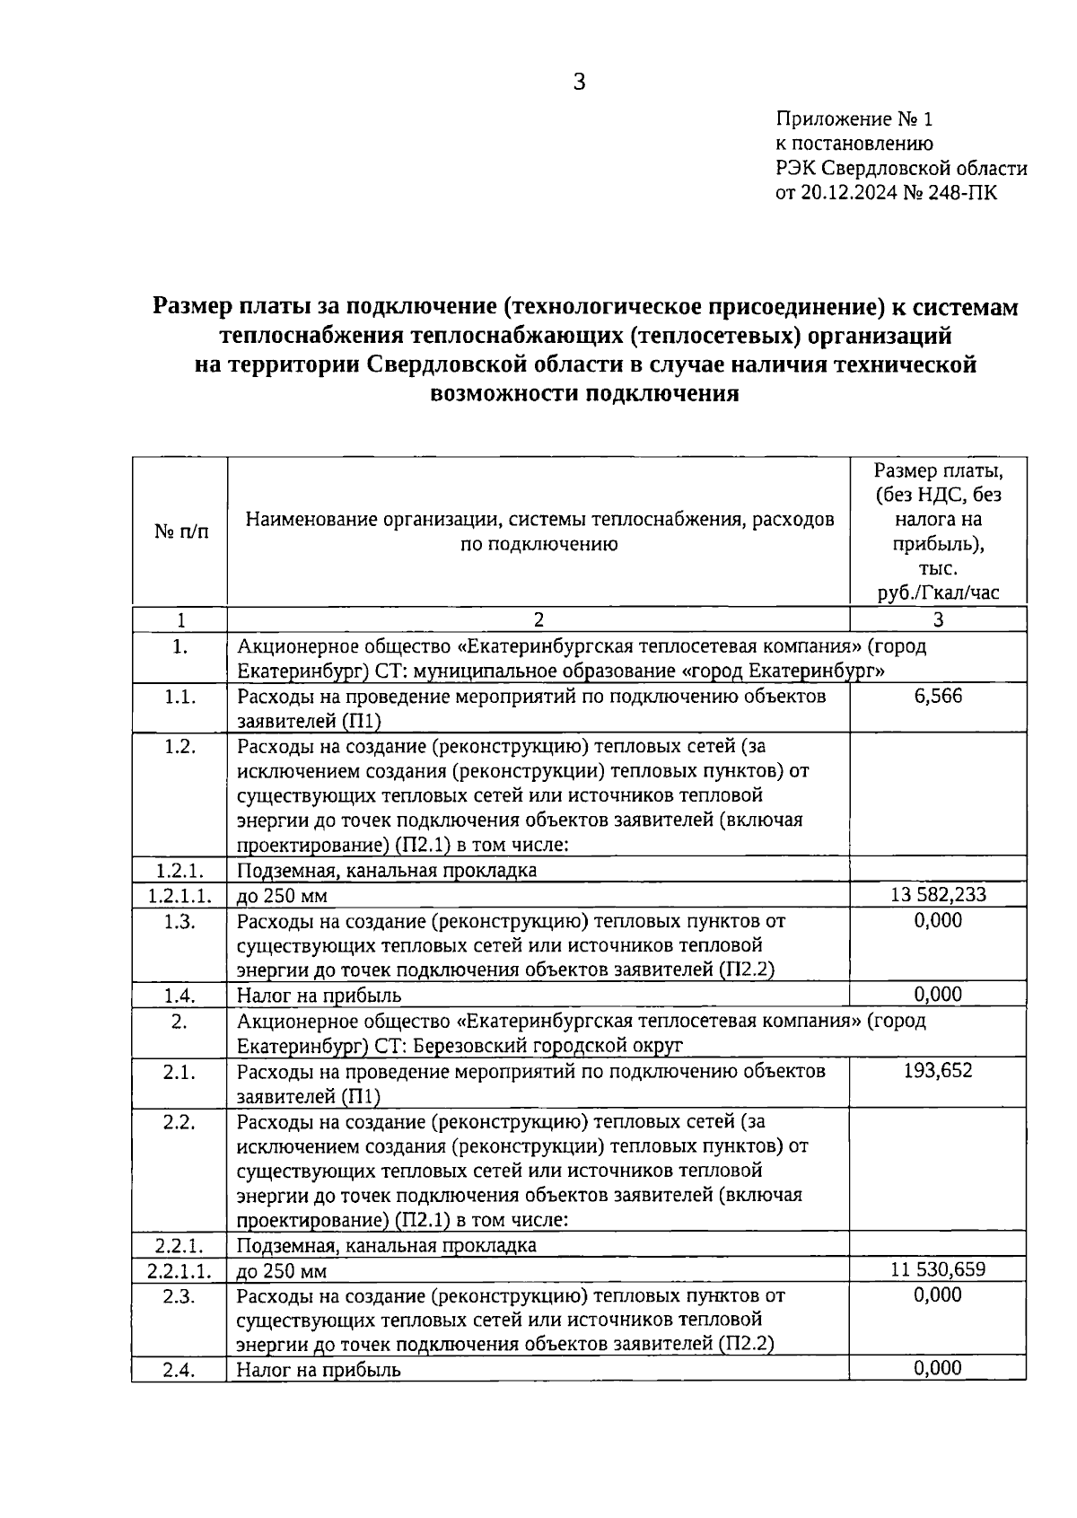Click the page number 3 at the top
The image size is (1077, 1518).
[x=579, y=83]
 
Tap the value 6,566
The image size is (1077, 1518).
[x=938, y=696]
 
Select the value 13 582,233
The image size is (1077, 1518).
[x=938, y=895]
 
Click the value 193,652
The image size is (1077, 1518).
[x=938, y=1070]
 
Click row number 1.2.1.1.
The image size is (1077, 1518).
[x=179, y=896]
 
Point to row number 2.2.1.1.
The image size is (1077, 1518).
[x=179, y=1271]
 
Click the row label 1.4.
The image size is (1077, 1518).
[x=179, y=995]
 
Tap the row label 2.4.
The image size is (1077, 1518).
[x=179, y=1370]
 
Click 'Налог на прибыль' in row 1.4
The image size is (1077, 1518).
[x=319, y=996]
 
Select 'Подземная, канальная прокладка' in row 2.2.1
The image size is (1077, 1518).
[x=386, y=1245]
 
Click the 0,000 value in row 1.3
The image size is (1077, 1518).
[x=938, y=920]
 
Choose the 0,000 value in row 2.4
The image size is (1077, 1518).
[x=938, y=1367]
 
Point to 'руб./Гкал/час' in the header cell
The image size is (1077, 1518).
[x=938, y=592]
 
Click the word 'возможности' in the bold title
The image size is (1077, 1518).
[x=505, y=393]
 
